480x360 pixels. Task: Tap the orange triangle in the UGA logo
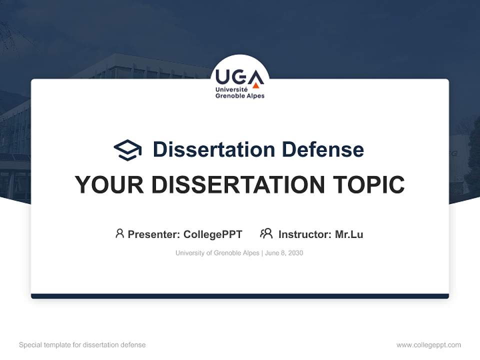256,85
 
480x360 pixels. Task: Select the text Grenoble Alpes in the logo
239,95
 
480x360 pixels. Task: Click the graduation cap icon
127,150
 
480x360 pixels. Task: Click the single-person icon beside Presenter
119,233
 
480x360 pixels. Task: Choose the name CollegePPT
212,234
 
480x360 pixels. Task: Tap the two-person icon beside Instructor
266,233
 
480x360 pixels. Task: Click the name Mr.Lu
349,234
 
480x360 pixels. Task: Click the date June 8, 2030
284,253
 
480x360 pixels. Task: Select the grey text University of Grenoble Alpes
217,253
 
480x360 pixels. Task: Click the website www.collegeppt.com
428,345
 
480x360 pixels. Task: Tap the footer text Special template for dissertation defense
82,345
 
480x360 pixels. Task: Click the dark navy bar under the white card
240,296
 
